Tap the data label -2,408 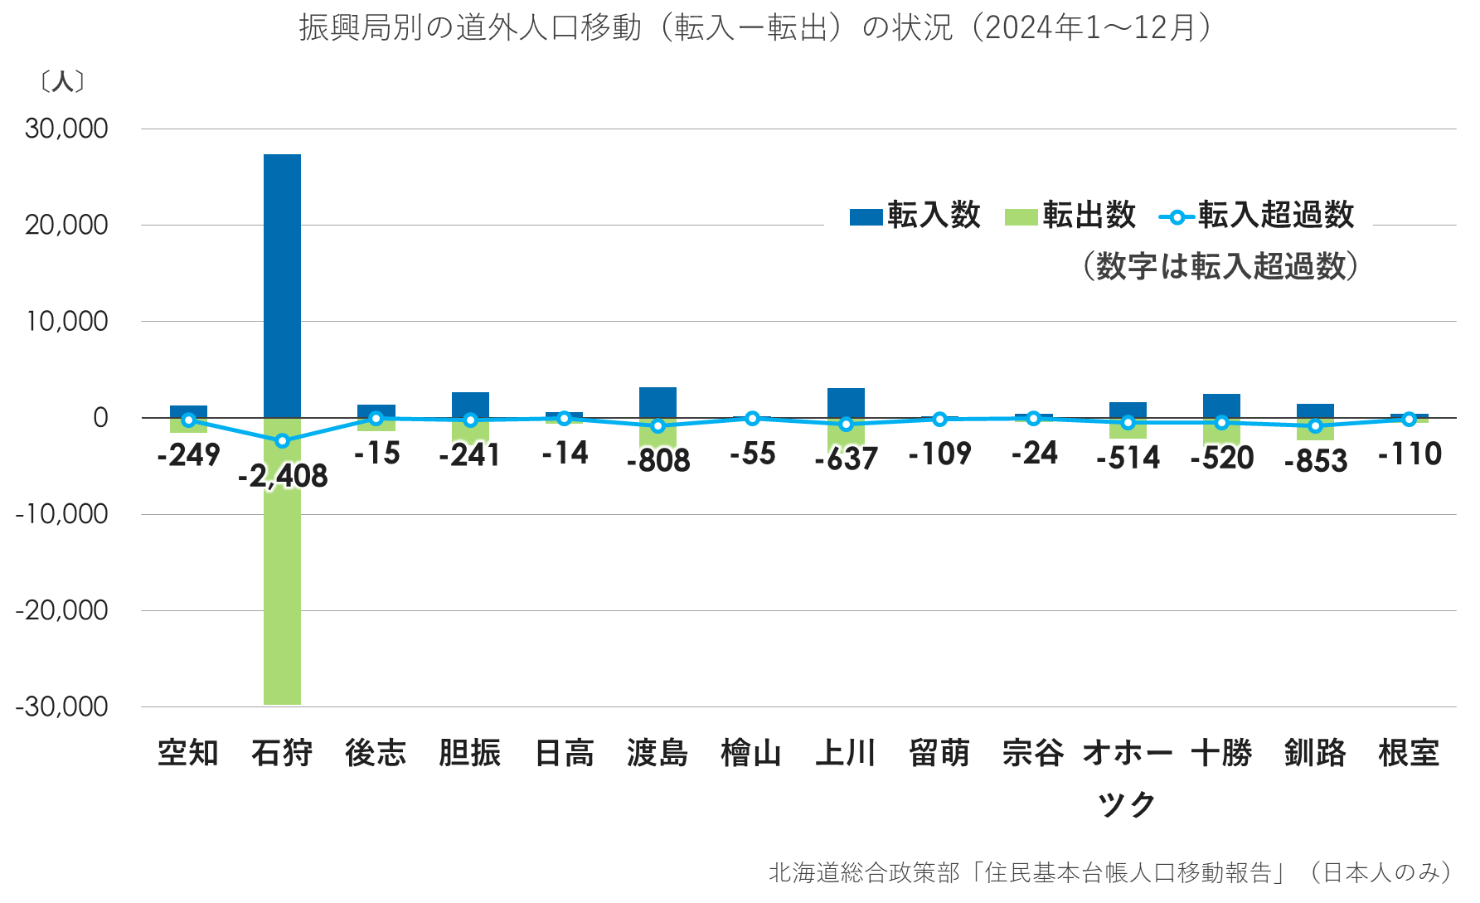(x=283, y=476)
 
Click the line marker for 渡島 (x=658, y=426)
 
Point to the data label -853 (x=1315, y=461)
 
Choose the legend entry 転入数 (x=915, y=216)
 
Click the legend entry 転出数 (x=1070, y=216)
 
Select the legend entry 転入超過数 (x=1257, y=216)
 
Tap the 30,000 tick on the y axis (x=66, y=129)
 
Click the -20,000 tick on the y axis (x=62, y=610)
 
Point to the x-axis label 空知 (x=188, y=753)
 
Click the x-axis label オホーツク (x=1127, y=777)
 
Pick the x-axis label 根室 (x=1409, y=753)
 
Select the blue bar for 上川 (x=846, y=402)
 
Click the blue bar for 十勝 (x=1221, y=405)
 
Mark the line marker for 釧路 (x=1315, y=426)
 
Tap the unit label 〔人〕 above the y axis (x=62, y=81)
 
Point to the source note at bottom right (x=1111, y=872)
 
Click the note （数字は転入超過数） (x=1220, y=266)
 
